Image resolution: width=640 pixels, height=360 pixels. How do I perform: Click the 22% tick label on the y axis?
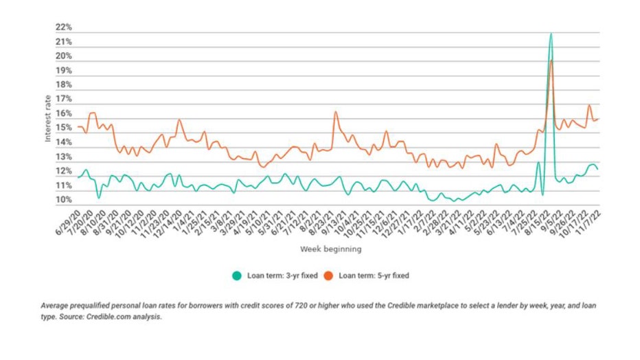[64, 27]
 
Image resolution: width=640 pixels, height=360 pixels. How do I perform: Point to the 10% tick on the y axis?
[64, 201]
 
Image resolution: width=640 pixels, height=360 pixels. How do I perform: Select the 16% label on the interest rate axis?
[64, 114]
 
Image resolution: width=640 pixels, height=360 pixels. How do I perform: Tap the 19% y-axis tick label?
[64, 71]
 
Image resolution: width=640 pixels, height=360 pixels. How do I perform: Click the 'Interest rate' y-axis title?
[48, 119]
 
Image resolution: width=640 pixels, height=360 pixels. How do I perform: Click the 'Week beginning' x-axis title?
[330, 249]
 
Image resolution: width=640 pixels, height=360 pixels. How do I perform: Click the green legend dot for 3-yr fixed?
[237, 275]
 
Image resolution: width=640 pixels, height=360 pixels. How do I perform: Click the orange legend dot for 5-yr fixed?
[328, 275]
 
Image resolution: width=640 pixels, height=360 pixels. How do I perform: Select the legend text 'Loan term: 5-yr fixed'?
[374, 275]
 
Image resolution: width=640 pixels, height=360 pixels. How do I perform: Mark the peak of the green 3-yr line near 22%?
[551, 34]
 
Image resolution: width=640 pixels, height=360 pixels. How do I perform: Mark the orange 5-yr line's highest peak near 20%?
[551, 61]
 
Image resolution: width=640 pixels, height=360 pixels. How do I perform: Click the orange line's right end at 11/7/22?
[599, 119]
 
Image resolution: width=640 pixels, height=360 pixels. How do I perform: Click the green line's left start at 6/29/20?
[78, 178]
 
